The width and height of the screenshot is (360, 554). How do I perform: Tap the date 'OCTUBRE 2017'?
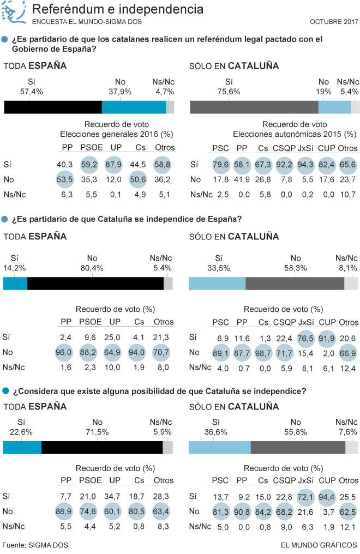coord(334,22)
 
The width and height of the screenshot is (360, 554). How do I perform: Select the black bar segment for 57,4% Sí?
coord(53,107)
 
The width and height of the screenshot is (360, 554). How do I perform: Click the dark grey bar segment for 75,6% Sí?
coord(254,107)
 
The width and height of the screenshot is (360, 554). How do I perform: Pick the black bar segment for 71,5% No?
coord(102,447)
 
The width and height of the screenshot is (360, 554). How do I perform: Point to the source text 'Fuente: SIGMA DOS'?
coord(36,545)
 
